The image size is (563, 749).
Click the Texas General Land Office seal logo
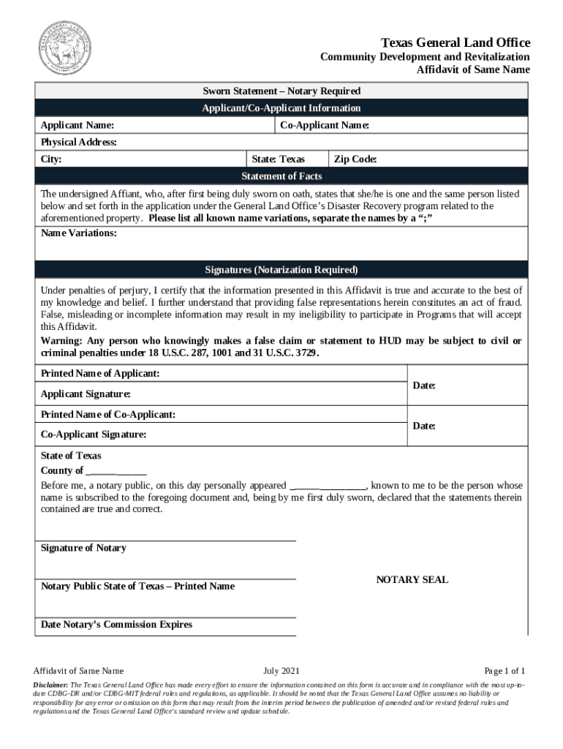[x=65, y=48]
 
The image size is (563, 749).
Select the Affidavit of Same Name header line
[x=473, y=70]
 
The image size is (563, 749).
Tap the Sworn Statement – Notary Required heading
[x=281, y=91]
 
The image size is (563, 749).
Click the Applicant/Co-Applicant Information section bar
[x=281, y=108]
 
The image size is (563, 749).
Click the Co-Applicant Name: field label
[x=325, y=126]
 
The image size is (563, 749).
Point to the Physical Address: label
[x=79, y=142]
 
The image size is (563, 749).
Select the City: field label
[x=51, y=159]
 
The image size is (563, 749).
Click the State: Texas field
[x=278, y=159]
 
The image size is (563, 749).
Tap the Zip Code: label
[x=355, y=159]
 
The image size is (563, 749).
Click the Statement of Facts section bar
[x=281, y=176]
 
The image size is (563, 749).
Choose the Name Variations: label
[x=78, y=233]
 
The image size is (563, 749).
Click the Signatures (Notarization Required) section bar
[x=281, y=269]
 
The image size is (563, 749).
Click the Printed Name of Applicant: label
[x=100, y=374]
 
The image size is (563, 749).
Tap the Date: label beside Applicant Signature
[x=424, y=385]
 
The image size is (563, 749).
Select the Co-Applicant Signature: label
[x=94, y=434]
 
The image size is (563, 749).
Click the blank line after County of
[x=116, y=472]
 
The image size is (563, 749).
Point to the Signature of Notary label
[x=83, y=548]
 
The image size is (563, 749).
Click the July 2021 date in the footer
[x=281, y=671]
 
